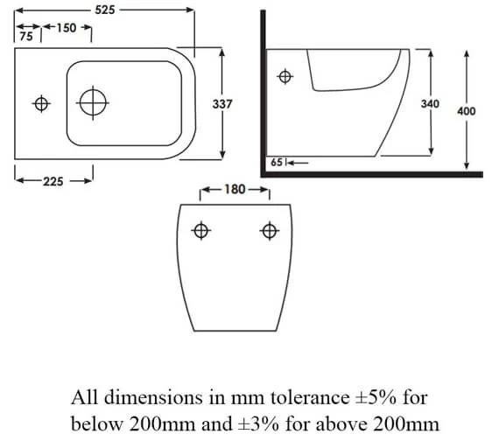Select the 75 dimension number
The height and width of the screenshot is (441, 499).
(26, 37)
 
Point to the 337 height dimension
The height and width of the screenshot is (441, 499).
(222, 103)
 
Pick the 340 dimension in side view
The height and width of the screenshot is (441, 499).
(430, 103)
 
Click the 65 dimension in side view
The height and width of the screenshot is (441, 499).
(277, 162)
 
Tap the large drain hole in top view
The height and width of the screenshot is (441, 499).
(93, 103)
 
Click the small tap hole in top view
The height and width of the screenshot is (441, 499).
(39, 103)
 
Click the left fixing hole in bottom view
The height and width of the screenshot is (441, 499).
(200, 231)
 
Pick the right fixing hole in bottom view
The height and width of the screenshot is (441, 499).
(269, 231)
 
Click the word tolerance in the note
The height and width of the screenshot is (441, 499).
(315, 397)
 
